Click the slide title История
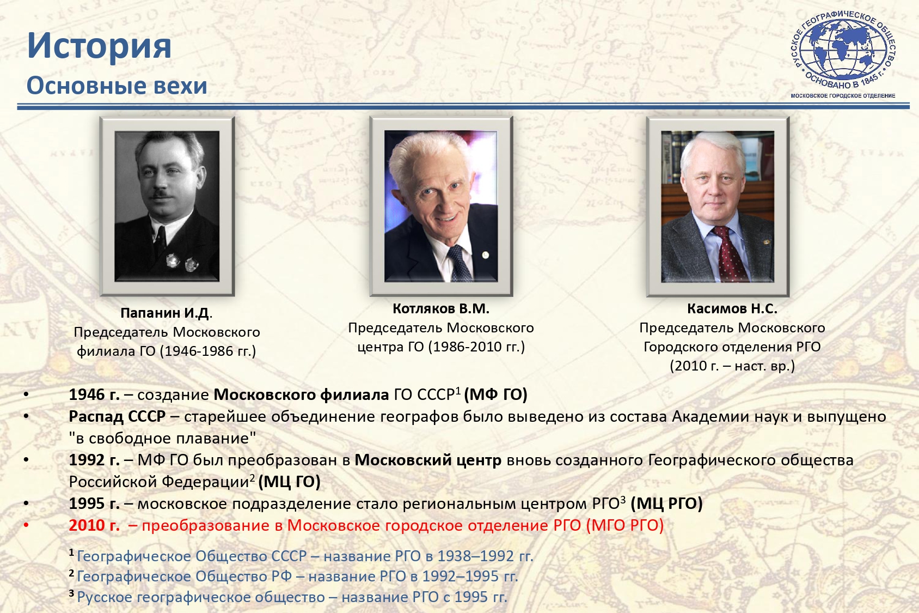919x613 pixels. tap(99, 46)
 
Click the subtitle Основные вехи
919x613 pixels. tap(117, 86)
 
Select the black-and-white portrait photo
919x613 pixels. tap(167, 206)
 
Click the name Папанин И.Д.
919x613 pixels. tap(166, 313)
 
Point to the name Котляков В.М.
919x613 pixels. tap(441, 309)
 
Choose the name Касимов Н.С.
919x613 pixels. tap(732, 309)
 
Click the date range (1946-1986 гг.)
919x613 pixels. tap(207, 351)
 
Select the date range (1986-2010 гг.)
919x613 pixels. tap(476, 347)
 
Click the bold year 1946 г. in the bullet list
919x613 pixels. tap(94, 394)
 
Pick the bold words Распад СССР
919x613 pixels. tap(118, 416)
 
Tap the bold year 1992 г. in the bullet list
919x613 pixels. tap(94, 460)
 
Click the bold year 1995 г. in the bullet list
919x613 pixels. tap(94, 503)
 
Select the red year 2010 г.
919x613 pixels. tap(94, 526)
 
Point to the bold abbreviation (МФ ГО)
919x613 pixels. tap(495, 394)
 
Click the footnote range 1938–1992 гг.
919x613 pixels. tap(485, 556)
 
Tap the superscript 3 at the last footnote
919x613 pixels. tap(71, 593)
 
